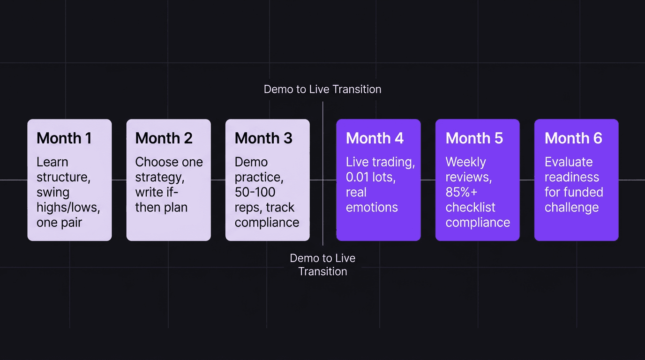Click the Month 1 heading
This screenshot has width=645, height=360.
pyautogui.click(x=64, y=138)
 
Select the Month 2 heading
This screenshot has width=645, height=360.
pyautogui.click(x=164, y=138)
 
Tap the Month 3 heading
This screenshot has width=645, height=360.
pyautogui.click(x=263, y=138)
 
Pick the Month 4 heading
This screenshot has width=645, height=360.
pyautogui.click(x=375, y=138)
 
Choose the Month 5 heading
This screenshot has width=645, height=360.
pyautogui.click(x=474, y=138)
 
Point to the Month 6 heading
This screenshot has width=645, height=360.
pyautogui.click(x=573, y=138)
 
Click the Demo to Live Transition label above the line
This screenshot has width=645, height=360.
pyautogui.click(x=322, y=89)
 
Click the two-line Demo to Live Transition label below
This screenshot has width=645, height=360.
pyautogui.click(x=322, y=265)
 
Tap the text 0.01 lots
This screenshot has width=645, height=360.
pyautogui.click(x=370, y=177)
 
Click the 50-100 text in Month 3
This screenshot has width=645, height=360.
pyautogui.click(x=255, y=192)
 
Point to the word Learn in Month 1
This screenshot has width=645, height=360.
pyautogui.click(x=52, y=162)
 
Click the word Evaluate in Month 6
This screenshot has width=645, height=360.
pyautogui.click(x=569, y=162)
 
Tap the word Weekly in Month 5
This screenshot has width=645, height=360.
pyautogui.click(x=465, y=162)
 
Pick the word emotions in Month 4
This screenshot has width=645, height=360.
pyautogui.click(x=372, y=207)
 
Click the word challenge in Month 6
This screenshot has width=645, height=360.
pyautogui.click(x=571, y=207)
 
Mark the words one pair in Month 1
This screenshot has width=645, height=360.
pyautogui.click(x=59, y=222)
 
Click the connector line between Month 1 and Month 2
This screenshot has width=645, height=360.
pyautogui.click(x=119, y=180)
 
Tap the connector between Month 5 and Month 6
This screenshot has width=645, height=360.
pyautogui.click(x=527, y=180)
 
